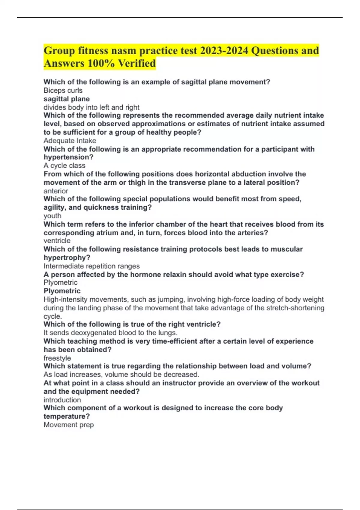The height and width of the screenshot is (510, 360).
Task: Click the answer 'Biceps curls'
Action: point(63,90)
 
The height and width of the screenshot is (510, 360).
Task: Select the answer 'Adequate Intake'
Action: point(70,141)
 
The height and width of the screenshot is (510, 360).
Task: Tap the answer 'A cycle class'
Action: point(64,166)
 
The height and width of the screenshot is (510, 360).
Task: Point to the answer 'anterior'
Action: point(56,191)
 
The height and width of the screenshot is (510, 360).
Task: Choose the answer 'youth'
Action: point(52,216)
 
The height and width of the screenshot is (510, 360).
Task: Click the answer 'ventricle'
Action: point(57,241)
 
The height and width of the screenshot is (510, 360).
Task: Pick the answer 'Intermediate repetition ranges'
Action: point(91,266)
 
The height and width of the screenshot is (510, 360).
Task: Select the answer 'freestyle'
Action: point(57,358)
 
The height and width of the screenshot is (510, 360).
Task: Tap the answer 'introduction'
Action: point(62,400)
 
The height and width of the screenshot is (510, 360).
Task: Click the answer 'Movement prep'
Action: point(69,425)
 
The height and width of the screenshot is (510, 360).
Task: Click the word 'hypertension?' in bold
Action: point(69,157)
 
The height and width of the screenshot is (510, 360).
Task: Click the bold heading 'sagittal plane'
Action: point(67,99)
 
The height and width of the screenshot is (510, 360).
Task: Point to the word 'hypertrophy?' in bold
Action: point(67,258)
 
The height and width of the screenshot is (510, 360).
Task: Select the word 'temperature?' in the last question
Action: point(67,416)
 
